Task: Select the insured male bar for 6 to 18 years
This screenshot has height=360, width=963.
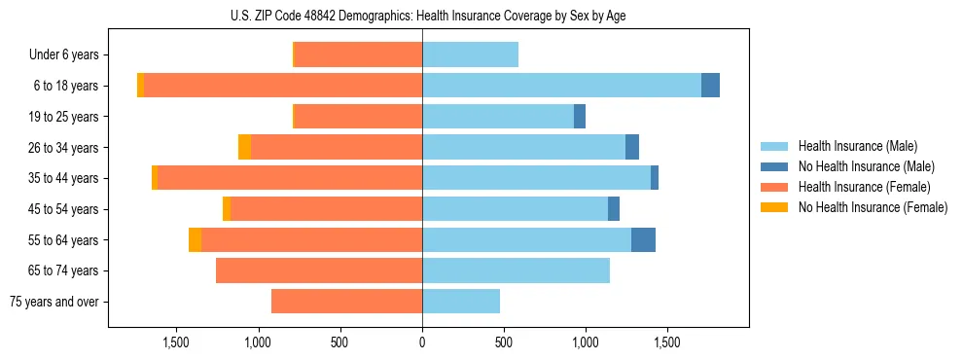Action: [x=561, y=86]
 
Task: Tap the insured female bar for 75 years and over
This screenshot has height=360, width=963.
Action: [x=346, y=302]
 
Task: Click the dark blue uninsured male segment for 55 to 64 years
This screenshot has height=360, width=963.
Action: [x=643, y=239]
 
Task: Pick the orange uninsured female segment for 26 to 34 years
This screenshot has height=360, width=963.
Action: [x=244, y=147]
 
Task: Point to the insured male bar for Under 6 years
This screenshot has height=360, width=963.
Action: [x=470, y=54]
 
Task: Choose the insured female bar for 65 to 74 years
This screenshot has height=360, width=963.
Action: [x=319, y=270]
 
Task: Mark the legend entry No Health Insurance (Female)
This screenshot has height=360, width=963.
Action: [x=873, y=207]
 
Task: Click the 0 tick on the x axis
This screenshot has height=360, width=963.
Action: [x=422, y=342]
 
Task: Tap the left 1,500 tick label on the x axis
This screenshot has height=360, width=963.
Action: [x=176, y=342]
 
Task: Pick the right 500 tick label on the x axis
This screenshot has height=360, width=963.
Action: [x=504, y=342]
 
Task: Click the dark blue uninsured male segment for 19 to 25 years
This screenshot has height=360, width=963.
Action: [x=580, y=117]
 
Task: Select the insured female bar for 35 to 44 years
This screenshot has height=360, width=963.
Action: [x=290, y=178]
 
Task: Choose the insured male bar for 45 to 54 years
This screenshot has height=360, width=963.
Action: [x=515, y=209]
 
